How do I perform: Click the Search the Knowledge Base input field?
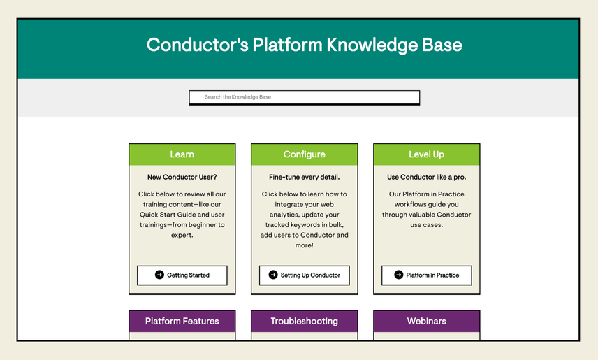coord(304,97)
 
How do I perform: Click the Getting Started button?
coord(182,275)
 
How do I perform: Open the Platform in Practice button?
coord(426,275)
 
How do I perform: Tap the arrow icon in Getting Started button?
coord(159,275)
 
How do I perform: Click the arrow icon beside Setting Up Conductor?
coord(273,275)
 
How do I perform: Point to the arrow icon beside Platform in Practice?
coord(399,275)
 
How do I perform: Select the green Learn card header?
coord(182,154)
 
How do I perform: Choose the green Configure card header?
coord(304,154)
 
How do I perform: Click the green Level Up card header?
coord(426,154)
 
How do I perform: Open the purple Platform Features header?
coord(182,321)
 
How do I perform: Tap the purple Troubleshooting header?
coord(304,321)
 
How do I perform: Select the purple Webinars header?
coord(426,321)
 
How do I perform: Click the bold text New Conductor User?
coord(182,177)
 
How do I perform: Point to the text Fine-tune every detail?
coord(304,177)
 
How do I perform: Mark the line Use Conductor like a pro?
coord(426,177)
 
